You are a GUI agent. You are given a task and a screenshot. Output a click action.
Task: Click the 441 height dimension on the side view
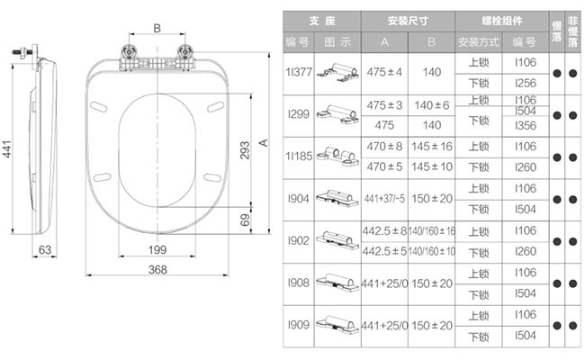[x=7, y=149]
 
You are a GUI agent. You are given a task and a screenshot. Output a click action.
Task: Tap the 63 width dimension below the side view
[x=45, y=249]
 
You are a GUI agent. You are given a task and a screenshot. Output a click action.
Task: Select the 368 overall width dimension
[x=157, y=269]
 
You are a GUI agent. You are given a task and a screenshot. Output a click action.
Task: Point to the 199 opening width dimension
[x=157, y=249]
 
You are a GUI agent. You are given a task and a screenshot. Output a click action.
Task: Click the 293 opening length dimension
[x=245, y=150]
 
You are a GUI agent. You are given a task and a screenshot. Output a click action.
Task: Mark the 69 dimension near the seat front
[x=245, y=220]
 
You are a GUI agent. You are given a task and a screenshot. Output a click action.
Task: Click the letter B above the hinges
[x=157, y=28]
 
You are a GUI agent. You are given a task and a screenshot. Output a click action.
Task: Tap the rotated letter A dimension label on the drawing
[x=264, y=142]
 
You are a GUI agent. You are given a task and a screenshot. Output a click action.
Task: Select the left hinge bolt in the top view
[x=129, y=51]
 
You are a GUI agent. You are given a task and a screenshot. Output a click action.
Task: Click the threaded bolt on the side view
[x=22, y=52]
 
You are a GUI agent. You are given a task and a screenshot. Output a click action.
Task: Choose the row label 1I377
[x=299, y=72]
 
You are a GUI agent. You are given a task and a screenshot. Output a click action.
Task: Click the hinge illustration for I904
[x=337, y=198]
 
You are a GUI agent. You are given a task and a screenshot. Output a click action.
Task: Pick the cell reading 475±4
[x=384, y=72]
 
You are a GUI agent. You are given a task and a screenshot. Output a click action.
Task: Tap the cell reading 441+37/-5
[x=384, y=199]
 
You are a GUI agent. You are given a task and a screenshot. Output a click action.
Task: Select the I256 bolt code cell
[x=526, y=83]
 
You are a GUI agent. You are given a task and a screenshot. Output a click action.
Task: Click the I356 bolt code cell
[x=526, y=126]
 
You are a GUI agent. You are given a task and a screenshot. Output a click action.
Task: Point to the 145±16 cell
[x=432, y=146]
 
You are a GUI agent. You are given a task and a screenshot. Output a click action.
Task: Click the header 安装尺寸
[x=408, y=21]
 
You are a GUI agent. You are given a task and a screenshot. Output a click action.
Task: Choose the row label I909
[x=299, y=325]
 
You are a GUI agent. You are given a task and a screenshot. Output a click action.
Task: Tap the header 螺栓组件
[x=502, y=21]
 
